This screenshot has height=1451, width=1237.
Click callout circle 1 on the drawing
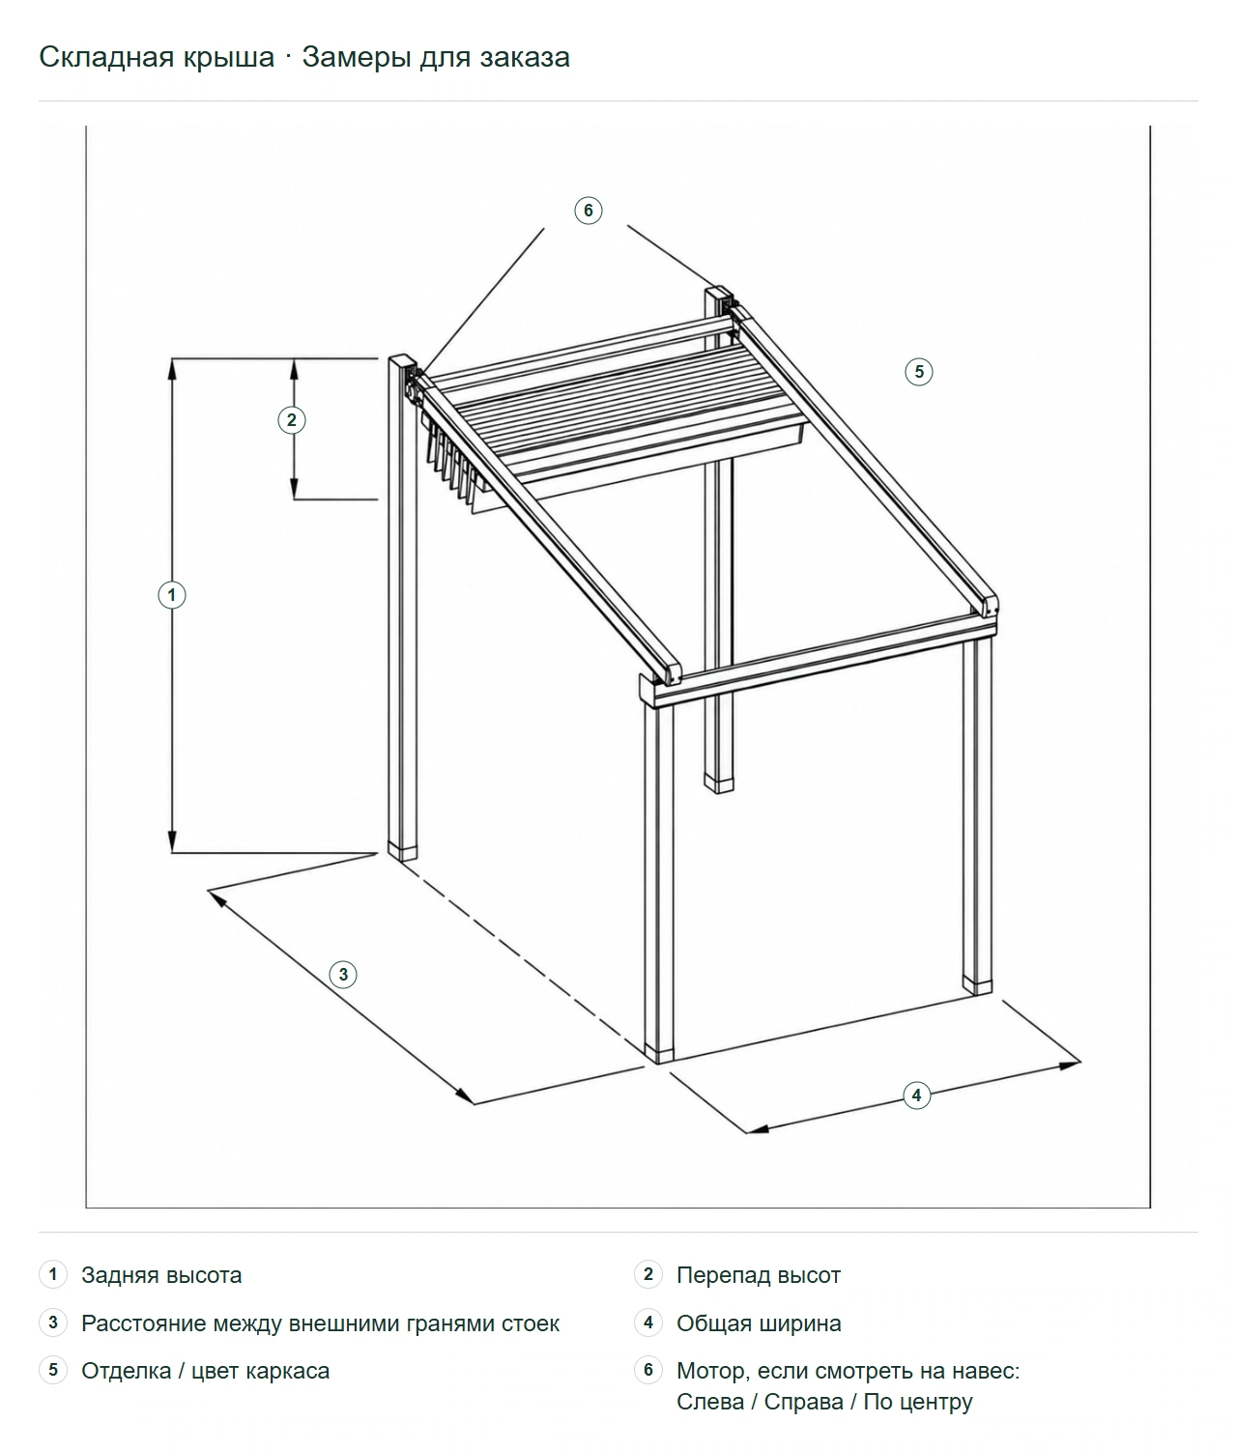point(171,595)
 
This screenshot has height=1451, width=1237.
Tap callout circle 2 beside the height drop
point(292,420)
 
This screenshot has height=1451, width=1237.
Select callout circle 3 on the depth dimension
point(343,975)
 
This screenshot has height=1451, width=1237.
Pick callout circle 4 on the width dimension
point(916,1095)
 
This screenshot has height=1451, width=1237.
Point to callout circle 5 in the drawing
point(919,371)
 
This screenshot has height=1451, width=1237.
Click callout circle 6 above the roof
point(588,210)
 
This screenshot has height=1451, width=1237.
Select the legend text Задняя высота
point(161,1275)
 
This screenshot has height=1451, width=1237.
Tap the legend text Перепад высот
point(759,1275)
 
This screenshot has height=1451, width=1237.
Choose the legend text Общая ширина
point(759,1323)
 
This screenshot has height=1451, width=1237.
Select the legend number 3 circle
point(53,1323)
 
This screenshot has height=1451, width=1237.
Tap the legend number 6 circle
point(648,1370)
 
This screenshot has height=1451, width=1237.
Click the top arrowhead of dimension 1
point(172,368)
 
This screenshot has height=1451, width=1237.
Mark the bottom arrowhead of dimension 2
point(295,490)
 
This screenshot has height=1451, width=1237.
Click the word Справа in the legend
point(804,1402)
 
